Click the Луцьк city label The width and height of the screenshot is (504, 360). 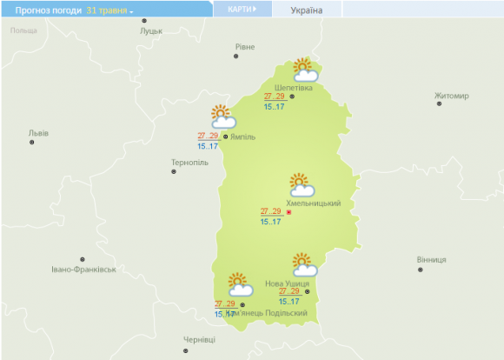(151, 30)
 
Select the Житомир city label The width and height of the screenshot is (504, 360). (451, 96)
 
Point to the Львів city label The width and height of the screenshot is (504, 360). (38, 133)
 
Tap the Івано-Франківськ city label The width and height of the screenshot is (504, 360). (83, 270)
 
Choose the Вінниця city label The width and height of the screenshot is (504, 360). (431, 260)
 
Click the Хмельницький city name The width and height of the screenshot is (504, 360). (313, 203)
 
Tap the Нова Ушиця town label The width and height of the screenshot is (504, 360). (287, 283)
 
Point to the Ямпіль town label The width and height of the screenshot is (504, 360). (245, 137)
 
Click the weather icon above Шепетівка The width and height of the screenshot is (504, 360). (303, 70)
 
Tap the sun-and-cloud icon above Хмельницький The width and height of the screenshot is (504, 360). (302, 184)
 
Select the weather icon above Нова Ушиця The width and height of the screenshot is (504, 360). (303, 264)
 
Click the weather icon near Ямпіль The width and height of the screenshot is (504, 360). (223, 117)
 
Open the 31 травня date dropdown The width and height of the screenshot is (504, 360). (109, 10)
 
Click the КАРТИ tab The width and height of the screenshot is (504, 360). (242, 9)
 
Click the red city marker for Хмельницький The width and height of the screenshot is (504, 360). (288, 213)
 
